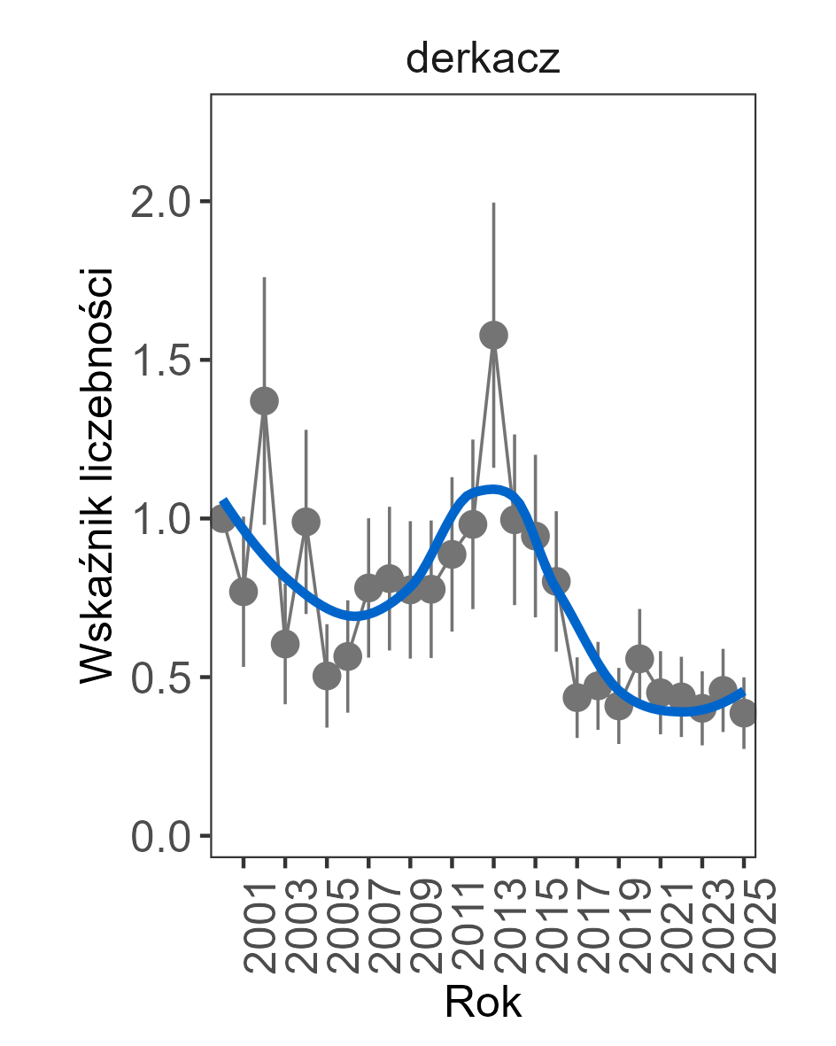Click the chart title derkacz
coord(483,60)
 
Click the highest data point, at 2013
coord(493,335)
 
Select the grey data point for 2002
coord(264,401)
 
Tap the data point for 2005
coord(327,676)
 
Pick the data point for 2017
coord(577,698)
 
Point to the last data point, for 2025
coord(744,713)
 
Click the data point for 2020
coord(639,659)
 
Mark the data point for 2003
coord(285,644)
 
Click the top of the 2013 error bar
coord(493,203)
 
